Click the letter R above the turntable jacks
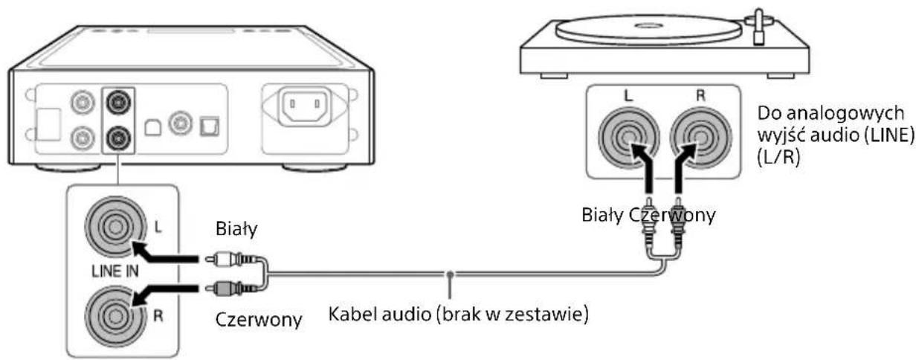pyautogui.click(x=698, y=97)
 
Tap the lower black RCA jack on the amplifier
pyautogui.click(x=117, y=137)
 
